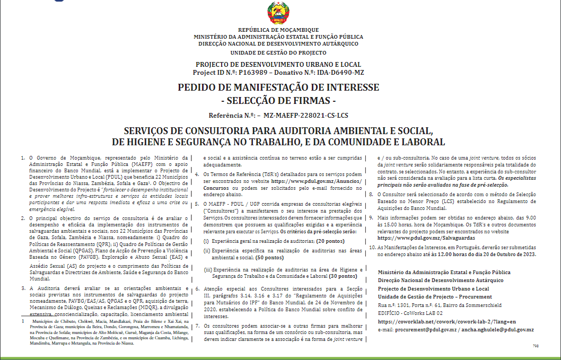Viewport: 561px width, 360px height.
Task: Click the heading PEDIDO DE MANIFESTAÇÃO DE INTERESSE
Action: tap(278, 87)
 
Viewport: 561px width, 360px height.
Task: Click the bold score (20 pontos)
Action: tap(324, 241)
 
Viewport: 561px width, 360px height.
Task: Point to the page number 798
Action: tap(535, 346)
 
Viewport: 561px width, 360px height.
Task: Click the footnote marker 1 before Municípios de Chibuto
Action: tap(23, 321)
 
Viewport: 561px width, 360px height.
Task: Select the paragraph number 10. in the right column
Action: tap(373, 247)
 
